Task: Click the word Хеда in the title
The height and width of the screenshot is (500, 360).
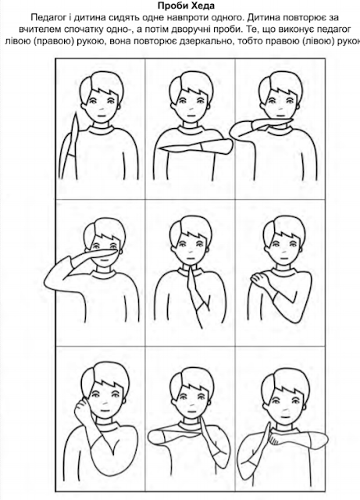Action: (x=202, y=5)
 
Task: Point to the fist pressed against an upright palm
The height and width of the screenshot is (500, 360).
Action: (x=275, y=437)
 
